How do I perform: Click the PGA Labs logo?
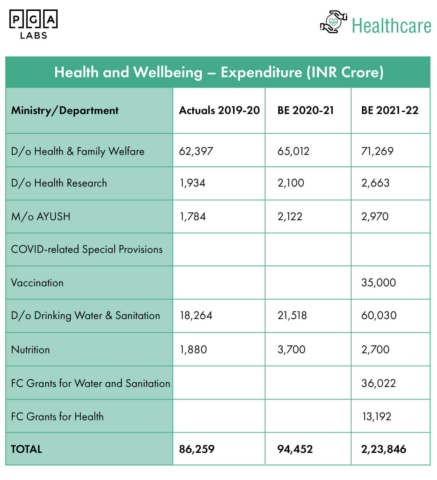(x=34, y=24)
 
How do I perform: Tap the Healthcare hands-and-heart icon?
(x=334, y=22)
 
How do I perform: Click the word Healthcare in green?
(x=391, y=26)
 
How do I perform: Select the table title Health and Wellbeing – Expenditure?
(x=219, y=72)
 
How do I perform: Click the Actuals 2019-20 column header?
(x=219, y=110)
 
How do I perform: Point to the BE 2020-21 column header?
(x=306, y=110)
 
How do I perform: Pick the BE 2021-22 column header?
(x=390, y=110)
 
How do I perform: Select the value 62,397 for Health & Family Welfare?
(x=196, y=151)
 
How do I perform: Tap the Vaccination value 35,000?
(x=379, y=283)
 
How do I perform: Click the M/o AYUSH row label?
(x=41, y=217)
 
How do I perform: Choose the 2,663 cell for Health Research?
(x=375, y=183)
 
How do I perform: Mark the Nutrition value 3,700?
(x=291, y=350)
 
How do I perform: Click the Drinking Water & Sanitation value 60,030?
(x=379, y=315)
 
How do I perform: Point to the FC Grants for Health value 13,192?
(x=377, y=417)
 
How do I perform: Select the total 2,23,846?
(x=384, y=449)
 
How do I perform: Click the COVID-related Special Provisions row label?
(x=87, y=249)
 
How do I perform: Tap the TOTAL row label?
(x=27, y=449)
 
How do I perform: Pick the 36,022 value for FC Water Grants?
(x=379, y=383)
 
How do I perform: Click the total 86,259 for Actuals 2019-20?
(x=197, y=449)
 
